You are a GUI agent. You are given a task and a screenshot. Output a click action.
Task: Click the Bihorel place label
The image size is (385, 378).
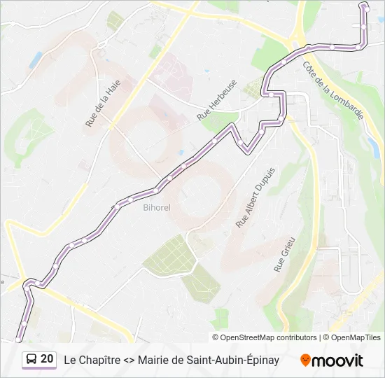point(157,207)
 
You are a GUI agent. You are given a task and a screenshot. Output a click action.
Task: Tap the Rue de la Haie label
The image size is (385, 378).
point(103,103)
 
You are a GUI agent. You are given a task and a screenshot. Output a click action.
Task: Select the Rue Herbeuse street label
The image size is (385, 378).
point(218,99)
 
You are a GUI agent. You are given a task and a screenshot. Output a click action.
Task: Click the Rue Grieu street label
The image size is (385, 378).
point(285,254)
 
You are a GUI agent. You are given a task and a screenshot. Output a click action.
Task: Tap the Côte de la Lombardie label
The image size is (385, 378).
point(332,89)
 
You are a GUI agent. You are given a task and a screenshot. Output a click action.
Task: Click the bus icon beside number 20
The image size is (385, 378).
point(31,359)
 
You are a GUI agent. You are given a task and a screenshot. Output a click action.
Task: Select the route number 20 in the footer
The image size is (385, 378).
point(47,359)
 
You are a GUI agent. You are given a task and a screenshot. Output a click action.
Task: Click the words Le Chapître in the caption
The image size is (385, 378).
point(90,360)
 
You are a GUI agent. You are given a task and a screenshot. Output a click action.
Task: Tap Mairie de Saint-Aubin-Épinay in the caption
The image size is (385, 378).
point(209,360)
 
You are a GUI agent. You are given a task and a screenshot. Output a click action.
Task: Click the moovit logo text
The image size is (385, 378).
point(337,360)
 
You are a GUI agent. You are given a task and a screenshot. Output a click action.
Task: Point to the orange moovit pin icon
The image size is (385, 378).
point(305,360)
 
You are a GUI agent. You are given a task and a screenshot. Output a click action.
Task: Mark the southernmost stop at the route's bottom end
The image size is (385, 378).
point(19,339)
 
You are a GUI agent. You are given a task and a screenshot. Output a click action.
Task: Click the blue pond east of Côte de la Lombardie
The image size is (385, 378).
point(372,146)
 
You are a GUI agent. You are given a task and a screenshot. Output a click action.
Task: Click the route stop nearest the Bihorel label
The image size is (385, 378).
point(130,199)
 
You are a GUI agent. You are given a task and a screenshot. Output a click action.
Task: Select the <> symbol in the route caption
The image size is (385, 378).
point(128,360)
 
